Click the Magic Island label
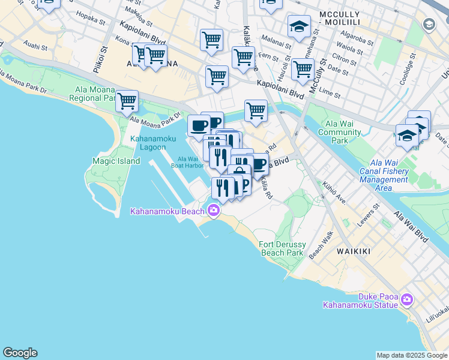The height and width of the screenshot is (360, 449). pos(116,161)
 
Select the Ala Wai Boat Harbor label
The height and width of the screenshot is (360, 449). pos(187,162)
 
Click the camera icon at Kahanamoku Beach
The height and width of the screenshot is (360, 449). pos(213,210)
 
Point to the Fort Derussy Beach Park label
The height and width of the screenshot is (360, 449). pos(282,248)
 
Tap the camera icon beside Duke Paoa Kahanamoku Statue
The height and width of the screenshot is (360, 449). pos(408,299)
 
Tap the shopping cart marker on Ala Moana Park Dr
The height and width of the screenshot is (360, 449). pos(127,101)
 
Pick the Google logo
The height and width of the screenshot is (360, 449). pos(20,353)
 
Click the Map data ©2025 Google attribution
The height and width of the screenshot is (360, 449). pos(412,355)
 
